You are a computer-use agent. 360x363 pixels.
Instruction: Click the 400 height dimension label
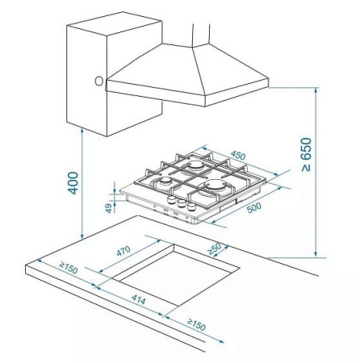tap(73, 183)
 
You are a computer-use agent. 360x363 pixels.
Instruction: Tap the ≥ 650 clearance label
tap(306, 155)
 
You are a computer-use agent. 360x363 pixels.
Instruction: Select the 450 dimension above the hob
tap(238, 156)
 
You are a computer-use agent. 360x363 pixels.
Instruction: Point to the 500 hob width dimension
tap(253, 207)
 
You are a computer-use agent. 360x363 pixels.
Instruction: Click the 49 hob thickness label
tap(108, 208)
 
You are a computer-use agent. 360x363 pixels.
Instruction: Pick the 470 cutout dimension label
tap(123, 251)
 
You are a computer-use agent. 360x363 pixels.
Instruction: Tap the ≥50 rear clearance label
tap(215, 248)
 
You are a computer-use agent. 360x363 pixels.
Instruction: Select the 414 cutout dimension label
tap(139, 299)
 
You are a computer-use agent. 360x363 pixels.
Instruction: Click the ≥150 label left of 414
tap(69, 268)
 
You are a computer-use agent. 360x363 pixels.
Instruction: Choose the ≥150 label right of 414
tap(196, 324)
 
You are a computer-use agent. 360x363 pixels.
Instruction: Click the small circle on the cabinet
tap(98, 81)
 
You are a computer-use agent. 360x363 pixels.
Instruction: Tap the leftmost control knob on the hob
tap(171, 199)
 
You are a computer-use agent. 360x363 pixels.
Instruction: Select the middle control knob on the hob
tap(182, 203)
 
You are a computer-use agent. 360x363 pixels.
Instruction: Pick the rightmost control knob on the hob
tap(191, 207)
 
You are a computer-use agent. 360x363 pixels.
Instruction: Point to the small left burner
tap(164, 181)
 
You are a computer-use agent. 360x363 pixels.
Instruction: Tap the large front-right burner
tap(215, 187)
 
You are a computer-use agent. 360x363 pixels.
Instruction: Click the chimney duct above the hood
tap(201, 34)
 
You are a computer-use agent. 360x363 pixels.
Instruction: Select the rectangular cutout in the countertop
tap(177, 275)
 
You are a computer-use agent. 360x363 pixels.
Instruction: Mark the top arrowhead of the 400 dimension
tap(82, 130)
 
